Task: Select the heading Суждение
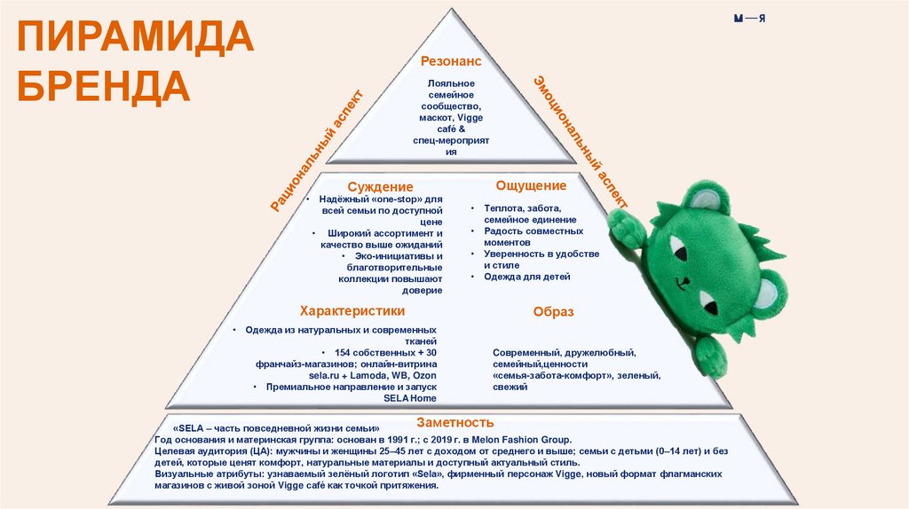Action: (x=380, y=186)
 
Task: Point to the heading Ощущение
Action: (x=531, y=185)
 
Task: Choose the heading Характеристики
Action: (x=352, y=311)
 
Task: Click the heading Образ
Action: (x=553, y=312)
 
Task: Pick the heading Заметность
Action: (x=454, y=422)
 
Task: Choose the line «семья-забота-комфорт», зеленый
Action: (x=576, y=376)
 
